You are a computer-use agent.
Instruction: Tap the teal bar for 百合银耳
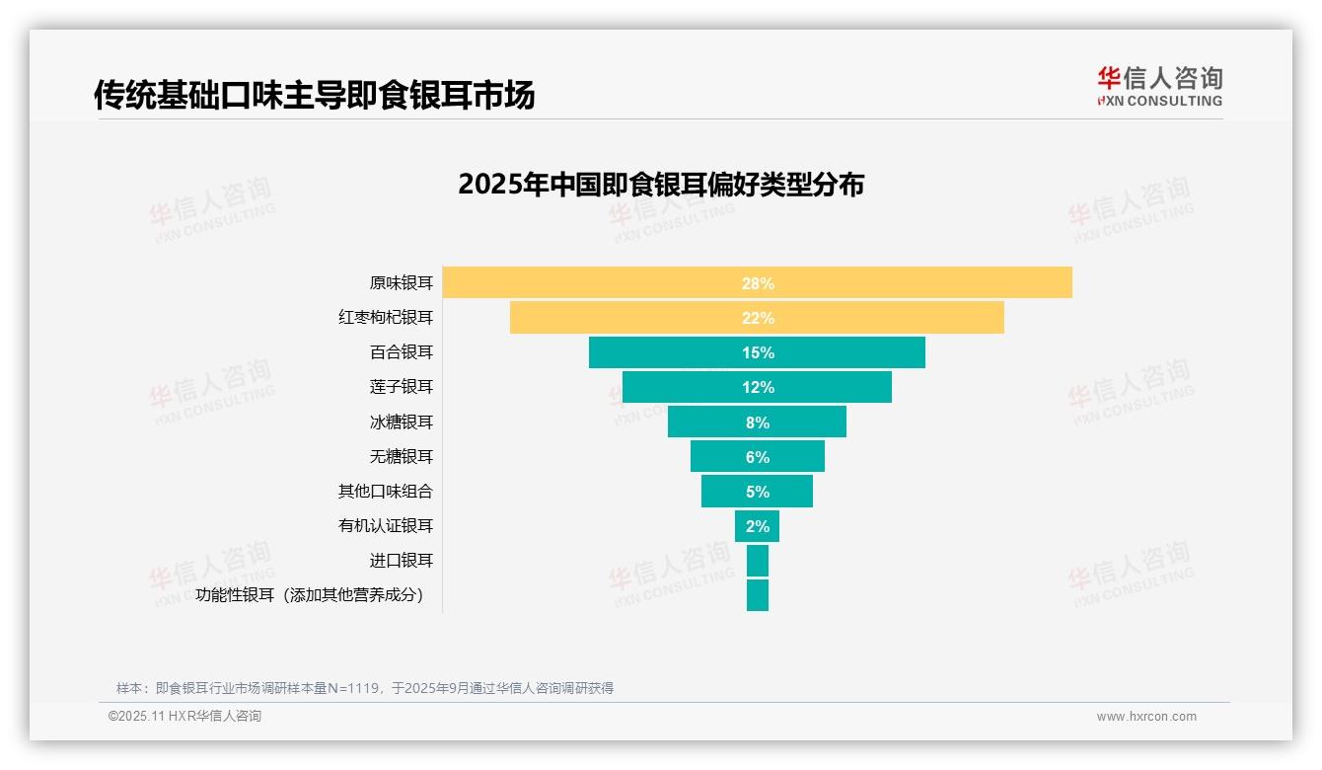(671, 352)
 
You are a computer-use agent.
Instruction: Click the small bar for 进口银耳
(757, 561)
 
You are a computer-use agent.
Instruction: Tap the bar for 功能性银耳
(757, 595)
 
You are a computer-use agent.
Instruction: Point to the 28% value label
(758, 283)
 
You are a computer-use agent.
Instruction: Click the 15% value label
(758, 352)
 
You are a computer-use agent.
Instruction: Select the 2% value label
(758, 526)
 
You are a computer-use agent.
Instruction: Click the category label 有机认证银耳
(386, 526)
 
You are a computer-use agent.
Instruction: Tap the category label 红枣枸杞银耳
(386, 318)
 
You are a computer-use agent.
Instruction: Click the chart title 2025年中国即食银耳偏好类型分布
(660, 185)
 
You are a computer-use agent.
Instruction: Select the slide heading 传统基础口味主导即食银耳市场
(314, 95)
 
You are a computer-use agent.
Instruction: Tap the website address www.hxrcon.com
(1146, 717)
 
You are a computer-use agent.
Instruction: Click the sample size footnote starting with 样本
(365, 688)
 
